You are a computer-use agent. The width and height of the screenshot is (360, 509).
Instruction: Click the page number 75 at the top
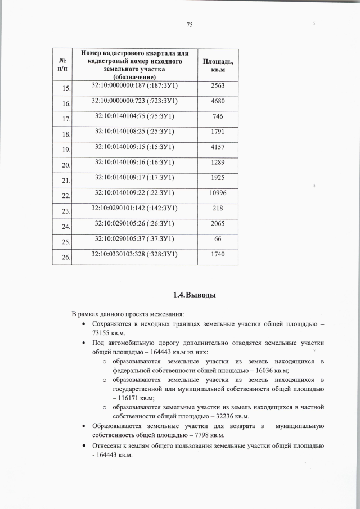(x=190, y=24)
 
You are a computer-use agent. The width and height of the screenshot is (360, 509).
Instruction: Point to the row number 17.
(x=66, y=119)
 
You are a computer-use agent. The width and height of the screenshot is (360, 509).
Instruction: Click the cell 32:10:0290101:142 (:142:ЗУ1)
(x=134, y=209)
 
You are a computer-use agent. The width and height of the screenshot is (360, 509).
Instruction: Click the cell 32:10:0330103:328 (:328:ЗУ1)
(x=134, y=255)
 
